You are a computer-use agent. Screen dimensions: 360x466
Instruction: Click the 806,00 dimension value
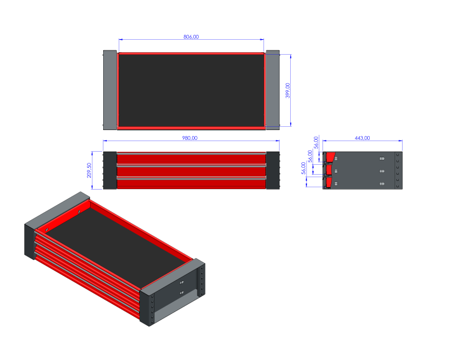tap(191, 37)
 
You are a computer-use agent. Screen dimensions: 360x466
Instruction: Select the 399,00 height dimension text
tap(288, 91)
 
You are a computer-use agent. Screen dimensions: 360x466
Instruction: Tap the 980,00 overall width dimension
tap(190, 138)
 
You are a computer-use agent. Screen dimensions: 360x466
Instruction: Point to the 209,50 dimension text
tap(90, 170)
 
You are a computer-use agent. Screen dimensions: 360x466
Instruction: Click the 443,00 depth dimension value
tap(362, 138)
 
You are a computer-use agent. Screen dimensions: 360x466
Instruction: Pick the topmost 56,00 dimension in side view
tap(316, 142)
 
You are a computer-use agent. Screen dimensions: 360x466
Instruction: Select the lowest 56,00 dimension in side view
tap(303, 168)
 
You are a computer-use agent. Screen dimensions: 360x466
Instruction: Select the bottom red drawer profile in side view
tap(329, 183)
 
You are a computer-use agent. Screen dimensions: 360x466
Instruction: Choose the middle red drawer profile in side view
tap(329, 169)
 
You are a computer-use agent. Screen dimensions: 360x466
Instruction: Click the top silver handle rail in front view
tap(191, 153)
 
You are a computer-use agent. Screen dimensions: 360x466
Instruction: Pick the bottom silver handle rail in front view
tap(191, 178)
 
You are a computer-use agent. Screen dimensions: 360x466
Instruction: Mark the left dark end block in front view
tap(109, 170)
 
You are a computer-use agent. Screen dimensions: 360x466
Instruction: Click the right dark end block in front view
tap(273, 170)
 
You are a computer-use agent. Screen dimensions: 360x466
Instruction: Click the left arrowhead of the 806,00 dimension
tap(120, 40)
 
